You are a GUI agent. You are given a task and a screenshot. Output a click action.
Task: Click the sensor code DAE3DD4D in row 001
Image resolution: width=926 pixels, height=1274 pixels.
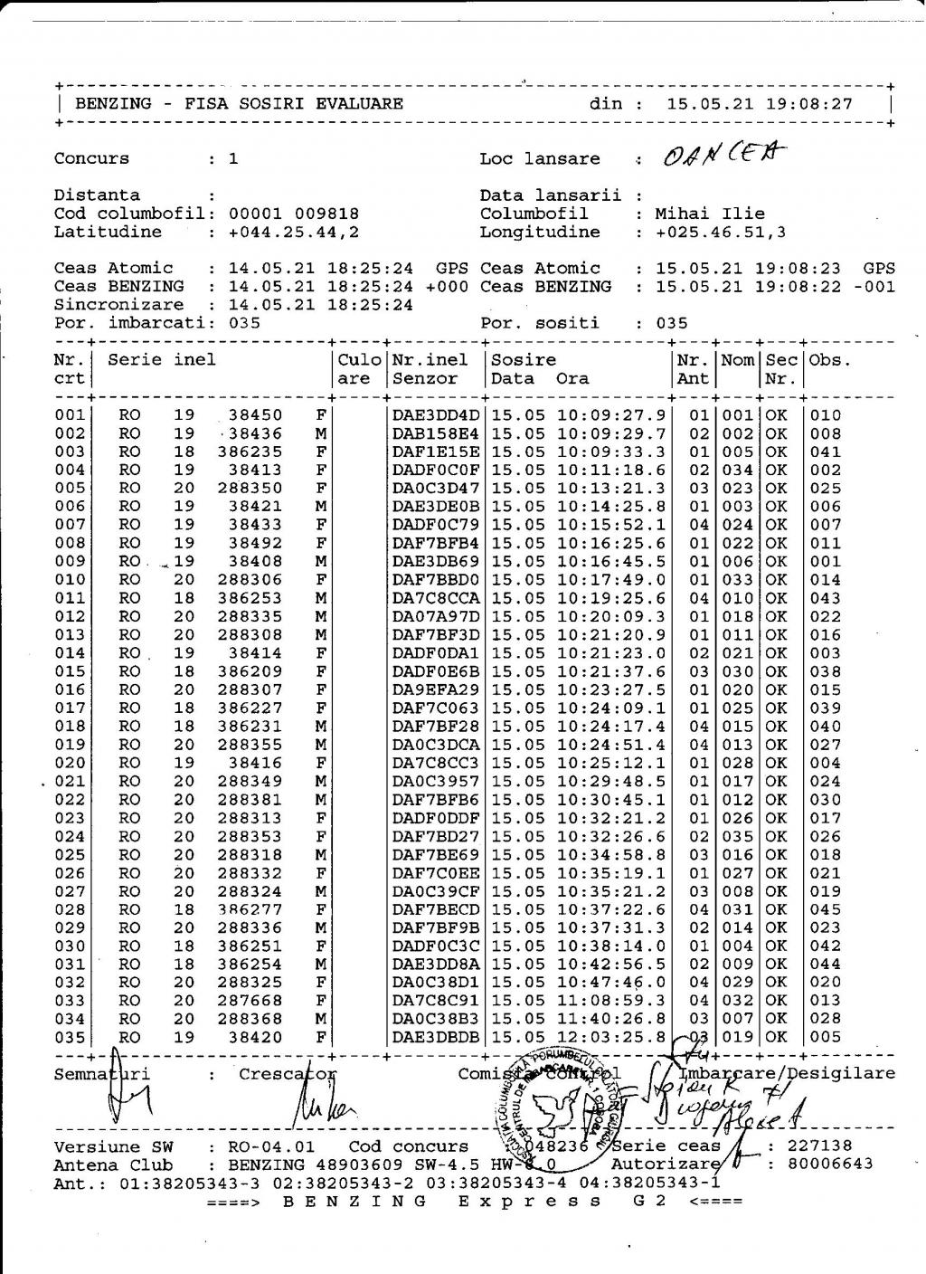tap(436, 415)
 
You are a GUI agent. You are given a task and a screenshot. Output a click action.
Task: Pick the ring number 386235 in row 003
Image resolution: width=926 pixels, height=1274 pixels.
tap(250, 452)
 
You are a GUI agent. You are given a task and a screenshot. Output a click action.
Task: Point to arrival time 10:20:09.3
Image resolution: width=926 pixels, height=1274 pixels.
tap(611, 616)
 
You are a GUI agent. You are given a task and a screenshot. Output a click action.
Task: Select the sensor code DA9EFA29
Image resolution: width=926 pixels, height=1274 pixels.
tap(436, 689)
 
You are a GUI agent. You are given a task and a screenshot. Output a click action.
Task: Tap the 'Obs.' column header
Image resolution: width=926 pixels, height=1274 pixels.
tap(825, 360)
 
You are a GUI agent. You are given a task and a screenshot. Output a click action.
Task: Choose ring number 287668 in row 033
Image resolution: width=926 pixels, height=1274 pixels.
tap(250, 1000)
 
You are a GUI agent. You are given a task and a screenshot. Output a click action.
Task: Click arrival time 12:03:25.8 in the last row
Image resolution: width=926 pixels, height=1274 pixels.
tap(611, 1037)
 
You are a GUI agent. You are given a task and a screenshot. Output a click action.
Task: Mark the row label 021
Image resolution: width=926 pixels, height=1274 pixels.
tap(70, 781)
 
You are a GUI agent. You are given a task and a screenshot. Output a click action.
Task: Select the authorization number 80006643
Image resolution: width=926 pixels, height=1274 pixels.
tap(831, 1164)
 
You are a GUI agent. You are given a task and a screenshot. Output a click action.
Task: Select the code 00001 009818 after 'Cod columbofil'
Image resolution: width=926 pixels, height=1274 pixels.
tap(293, 214)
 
